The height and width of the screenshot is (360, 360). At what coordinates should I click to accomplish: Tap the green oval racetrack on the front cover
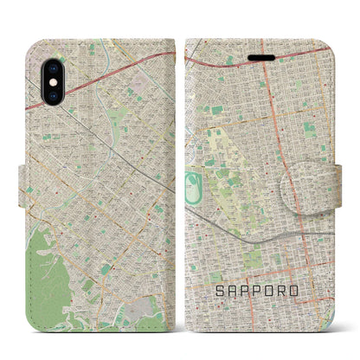192,183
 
